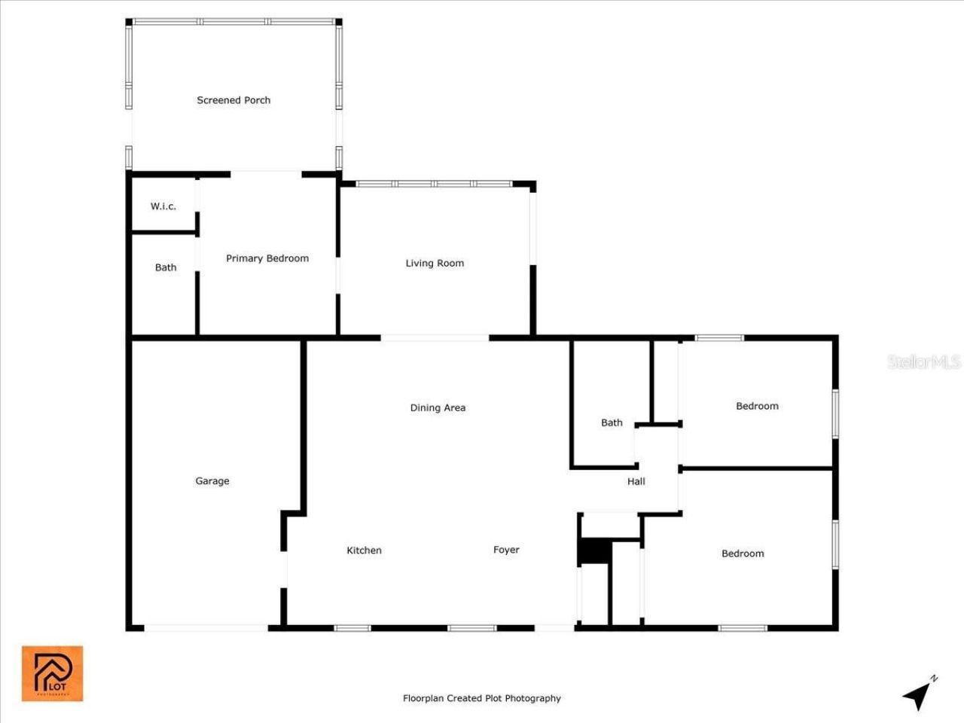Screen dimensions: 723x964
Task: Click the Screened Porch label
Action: pyautogui.click(x=233, y=100)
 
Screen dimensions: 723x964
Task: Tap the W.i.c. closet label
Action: pyautogui.click(x=163, y=206)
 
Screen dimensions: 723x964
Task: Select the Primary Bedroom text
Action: pyautogui.click(x=267, y=258)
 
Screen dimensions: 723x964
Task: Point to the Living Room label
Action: pyautogui.click(x=435, y=263)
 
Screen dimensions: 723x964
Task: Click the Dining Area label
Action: pyautogui.click(x=438, y=407)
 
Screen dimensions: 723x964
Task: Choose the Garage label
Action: pyautogui.click(x=212, y=480)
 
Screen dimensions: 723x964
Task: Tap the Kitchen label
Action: pyautogui.click(x=364, y=551)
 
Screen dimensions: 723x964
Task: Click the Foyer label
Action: pyautogui.click(x=506, y=550)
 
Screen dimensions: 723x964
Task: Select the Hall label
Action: pyautogui.click(x=636, y=481)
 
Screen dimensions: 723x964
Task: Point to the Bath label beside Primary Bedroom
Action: pyautogui.click(x=166, y=267)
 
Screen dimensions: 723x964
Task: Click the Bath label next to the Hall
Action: pyautogui.click(x=612, y=423)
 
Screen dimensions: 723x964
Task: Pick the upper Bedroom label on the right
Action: pyautogui.click(x=757, y=406)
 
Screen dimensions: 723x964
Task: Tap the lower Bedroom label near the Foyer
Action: pyautogui.click(x=743, y=554)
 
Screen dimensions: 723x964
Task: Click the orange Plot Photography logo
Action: pyautogui.click(x=52, y=673)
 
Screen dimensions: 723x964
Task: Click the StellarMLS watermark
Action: pyautogui.click(x=924, y=361)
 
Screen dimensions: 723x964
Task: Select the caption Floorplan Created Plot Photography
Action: pyautogui.click(x=482, y=698)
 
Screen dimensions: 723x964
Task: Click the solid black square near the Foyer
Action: pyautogui.click(x=594, y=551)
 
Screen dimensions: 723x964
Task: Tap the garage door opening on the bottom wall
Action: pyautogui.click(x=206, y=627)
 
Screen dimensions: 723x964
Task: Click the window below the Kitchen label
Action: pyautogui.click(x=352, y=627)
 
